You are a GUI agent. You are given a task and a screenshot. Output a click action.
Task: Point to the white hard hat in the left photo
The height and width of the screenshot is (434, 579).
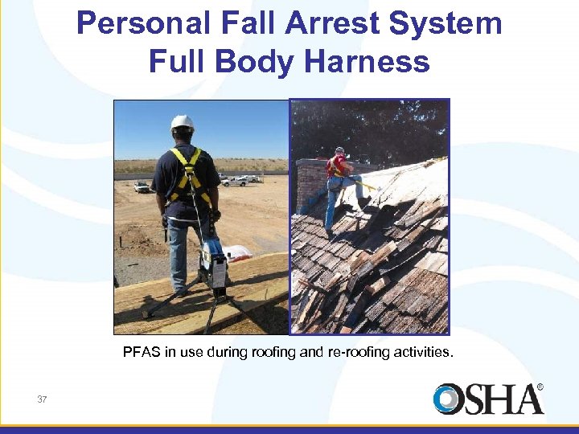[183, 123]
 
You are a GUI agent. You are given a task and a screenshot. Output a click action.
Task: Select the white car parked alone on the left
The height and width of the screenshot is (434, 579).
[142, 187]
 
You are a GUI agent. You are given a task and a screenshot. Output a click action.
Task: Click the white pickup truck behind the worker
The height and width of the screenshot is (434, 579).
[236, 181]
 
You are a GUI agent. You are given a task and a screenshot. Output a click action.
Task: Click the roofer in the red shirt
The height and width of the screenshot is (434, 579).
[338, 169]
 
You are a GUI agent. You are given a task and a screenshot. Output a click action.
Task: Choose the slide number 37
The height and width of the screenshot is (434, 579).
[42, 399]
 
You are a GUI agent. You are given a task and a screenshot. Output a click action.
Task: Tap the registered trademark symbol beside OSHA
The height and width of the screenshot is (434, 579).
[540, 387]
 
